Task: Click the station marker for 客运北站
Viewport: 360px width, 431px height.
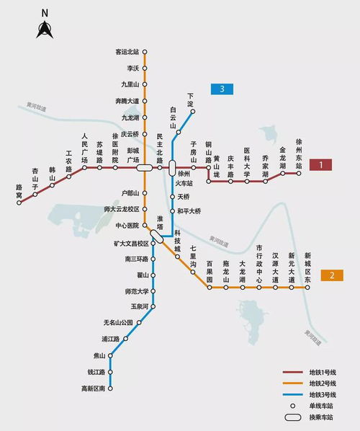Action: click(x=144, y=52)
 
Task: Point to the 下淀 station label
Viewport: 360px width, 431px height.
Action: click(x=191, y=99)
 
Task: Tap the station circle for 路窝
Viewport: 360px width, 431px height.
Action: click(x=19, y=203)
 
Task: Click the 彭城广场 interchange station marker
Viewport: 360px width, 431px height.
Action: click(x=144, y=168)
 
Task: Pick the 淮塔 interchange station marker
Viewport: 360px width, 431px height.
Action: click(x=156, y=236)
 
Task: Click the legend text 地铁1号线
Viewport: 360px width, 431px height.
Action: click(x=323, y=371)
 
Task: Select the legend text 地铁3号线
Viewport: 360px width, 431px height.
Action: click(x=323, y=394)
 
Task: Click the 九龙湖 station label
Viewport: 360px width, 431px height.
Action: click(x=130, y=117)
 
